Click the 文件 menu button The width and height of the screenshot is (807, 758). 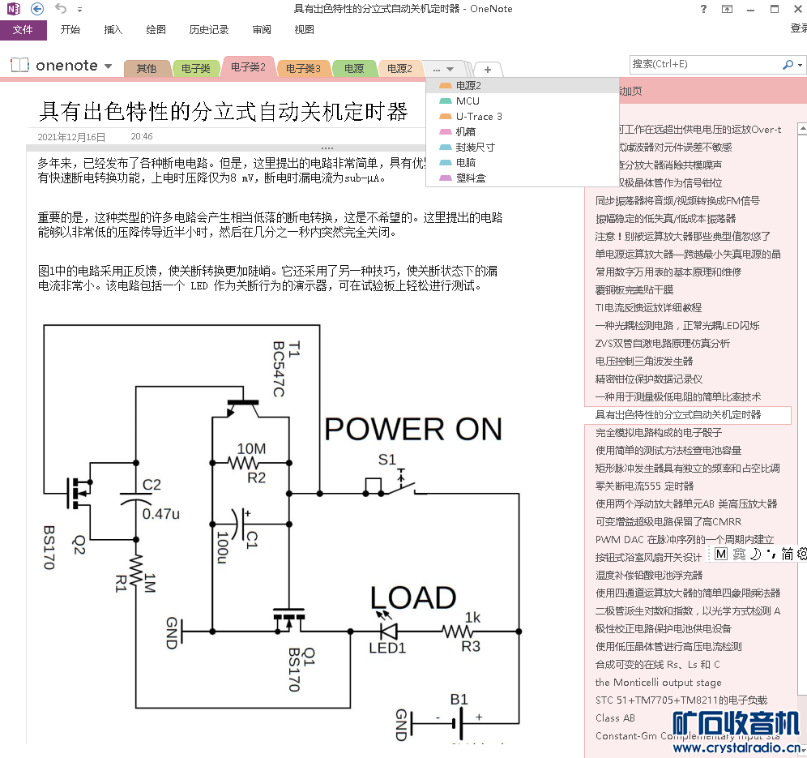tap(23, 30)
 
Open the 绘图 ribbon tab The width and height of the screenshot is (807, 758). tap(156, 30)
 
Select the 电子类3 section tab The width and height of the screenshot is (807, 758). tap(304, 69)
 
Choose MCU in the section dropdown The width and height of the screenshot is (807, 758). tap(468, 101)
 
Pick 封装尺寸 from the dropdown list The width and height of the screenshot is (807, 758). tap(475, 147)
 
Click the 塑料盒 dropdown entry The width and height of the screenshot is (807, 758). tap(470, 178)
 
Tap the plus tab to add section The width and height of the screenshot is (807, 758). tap(488, 69)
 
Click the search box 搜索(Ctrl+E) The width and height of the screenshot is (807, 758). tap(705, 64)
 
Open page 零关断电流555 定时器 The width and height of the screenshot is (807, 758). tap(644, 486)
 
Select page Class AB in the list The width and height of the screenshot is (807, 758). tap(615, 717)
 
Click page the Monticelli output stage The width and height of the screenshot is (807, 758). tap(658, 682)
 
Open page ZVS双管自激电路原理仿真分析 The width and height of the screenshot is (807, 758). tap(662, 343)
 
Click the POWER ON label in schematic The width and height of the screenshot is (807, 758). tap(414, 429)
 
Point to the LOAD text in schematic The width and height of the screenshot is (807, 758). tap(413, 598)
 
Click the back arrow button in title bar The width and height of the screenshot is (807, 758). tap(37, 9)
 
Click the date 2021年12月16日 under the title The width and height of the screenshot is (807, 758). tap(71, 137)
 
